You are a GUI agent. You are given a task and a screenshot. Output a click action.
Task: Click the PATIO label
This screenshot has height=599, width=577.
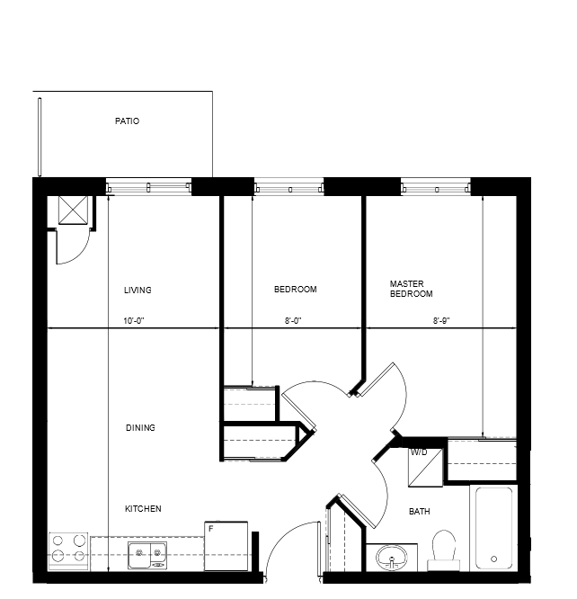pyautogui.click(x=127, y=121)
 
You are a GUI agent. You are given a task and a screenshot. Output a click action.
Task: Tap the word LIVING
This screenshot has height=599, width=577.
pyautogui.click(x=138, y=290)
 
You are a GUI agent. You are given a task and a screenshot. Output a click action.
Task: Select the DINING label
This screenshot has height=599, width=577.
pyautogui.click(x=140, y=428)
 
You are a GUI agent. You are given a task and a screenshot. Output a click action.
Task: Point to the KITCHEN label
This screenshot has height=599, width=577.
pyautogui.click(x=143, y=509)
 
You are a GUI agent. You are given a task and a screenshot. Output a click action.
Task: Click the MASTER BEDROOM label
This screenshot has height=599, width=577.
pyautogui.click(x=411, y=289)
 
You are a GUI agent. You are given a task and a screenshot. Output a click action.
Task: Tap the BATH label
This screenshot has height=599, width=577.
pyautogui.click(x=420, y=511)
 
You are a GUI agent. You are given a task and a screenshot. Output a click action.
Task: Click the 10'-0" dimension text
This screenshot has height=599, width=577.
pyautogui.click(x=134, y=321)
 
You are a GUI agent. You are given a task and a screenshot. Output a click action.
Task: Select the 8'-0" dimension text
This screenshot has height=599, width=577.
pyautogui.click(x=293, y=321)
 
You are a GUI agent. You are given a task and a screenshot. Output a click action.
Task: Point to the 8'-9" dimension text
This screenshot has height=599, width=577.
pyautogui.click(x=441, y=321)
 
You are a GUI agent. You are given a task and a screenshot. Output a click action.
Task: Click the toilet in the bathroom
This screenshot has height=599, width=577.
pyautogui.click(x=444, y=550)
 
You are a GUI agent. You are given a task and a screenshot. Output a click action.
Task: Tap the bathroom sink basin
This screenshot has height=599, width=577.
pyautogui.click(x=392, y=558)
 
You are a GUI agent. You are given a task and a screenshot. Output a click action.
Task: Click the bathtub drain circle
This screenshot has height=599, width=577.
pyautogui.click(x=493, y=559)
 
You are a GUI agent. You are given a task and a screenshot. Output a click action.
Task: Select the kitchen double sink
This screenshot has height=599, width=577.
pyautogui.click(x=147, y=555)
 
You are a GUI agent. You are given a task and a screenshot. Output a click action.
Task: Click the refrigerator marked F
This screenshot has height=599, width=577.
pyautogui.click(x=226, y=546)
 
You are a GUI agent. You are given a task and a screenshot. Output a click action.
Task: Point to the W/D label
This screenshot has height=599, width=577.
pyautogui.click(x=419, y=452)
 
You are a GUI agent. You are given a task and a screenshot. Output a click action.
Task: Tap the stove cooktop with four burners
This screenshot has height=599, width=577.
pyautogui.click(x=68, y=551)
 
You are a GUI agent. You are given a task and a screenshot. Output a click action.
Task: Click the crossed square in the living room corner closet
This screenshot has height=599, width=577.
pyautogui.click(x=73, y=210)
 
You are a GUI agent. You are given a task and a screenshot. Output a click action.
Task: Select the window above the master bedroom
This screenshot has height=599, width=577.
pyautogui.click(x=435, y=187)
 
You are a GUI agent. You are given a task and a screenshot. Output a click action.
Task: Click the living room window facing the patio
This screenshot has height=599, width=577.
pyautogui.click(x=148, y=187)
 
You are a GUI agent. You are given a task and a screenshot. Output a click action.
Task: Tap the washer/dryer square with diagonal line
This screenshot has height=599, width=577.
pyautogui.click(x=425, y=468)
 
